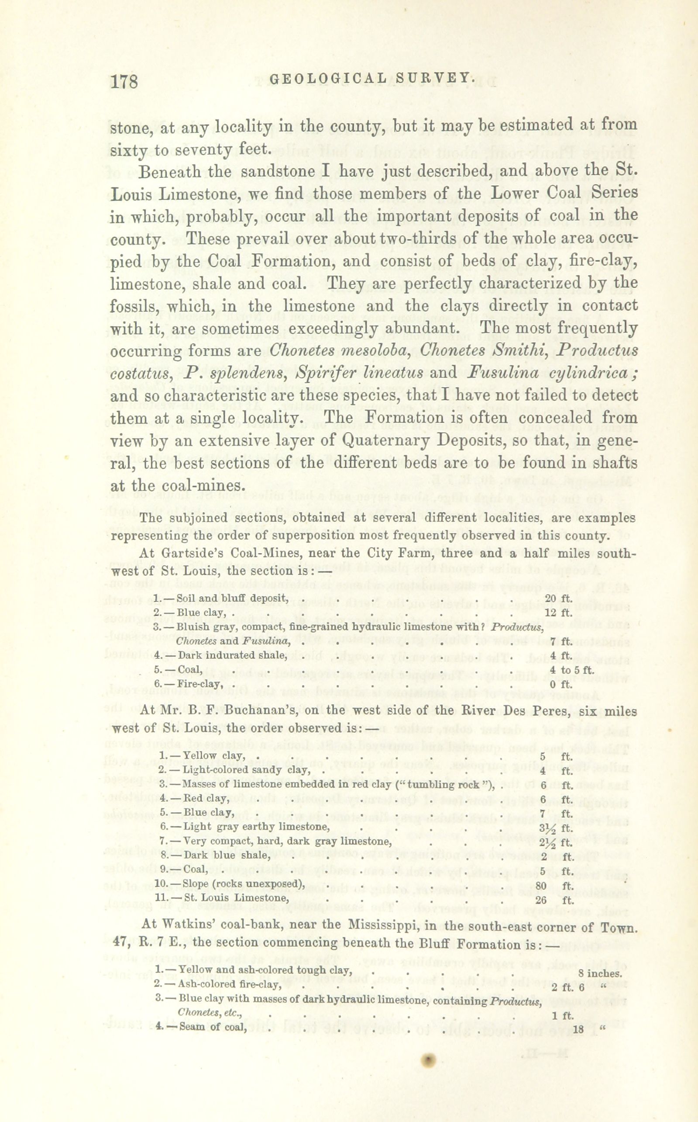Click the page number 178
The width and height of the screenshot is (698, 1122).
[x=125, y=82]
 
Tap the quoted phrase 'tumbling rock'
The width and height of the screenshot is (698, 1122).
[x=447, y=784]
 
